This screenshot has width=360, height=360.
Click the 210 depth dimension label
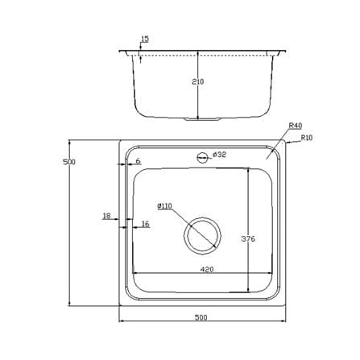click(198, 81)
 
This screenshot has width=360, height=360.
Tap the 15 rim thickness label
click(145, 39)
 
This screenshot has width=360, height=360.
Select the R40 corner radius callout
click(296, 126)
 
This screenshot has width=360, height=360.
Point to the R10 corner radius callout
click(307, 138)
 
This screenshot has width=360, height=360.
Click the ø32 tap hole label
click(220, 155)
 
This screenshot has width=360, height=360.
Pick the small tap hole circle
click(202, 158)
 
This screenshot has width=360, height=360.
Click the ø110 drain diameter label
click(164, 206)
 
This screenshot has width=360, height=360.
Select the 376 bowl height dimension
click(248, 238)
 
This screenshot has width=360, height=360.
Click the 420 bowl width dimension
click(207, 269)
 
